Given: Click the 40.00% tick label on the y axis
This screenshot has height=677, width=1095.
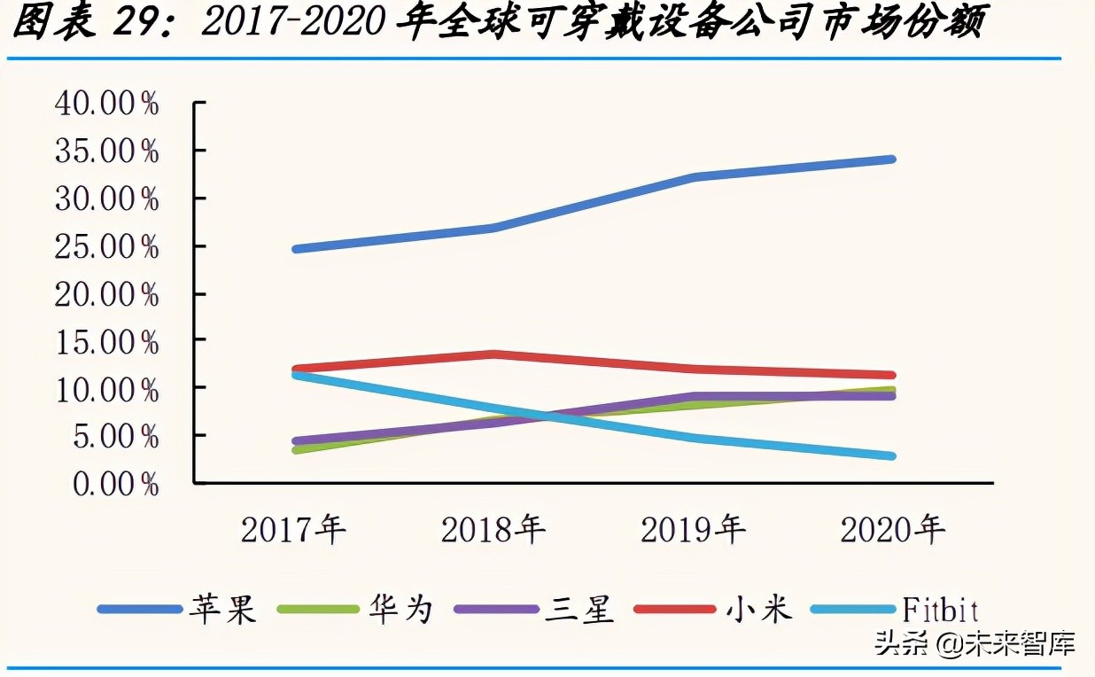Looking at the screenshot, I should (106, 105).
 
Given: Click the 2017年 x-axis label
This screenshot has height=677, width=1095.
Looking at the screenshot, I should (293, 530).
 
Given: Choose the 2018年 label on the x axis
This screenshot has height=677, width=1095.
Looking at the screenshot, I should (493, 530).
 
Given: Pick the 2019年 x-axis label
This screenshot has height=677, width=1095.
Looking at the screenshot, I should (693, 530).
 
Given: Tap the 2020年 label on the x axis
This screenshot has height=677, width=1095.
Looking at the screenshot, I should (892, 530).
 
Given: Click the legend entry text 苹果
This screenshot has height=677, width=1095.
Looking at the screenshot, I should (221, 609).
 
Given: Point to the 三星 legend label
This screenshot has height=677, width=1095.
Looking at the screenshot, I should (580, 609).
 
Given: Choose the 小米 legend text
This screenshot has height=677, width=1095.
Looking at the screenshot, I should (759, 609).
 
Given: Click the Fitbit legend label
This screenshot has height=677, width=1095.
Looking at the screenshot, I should (940, 609).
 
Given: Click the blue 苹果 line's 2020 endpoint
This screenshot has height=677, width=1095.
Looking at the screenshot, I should (891, 160).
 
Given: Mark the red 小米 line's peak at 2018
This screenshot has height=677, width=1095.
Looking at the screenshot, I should (493, 354).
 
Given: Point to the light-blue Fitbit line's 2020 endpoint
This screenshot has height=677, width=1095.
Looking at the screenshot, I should (891, 455).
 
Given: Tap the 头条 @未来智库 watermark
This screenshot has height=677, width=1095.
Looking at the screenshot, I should (975, 642).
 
